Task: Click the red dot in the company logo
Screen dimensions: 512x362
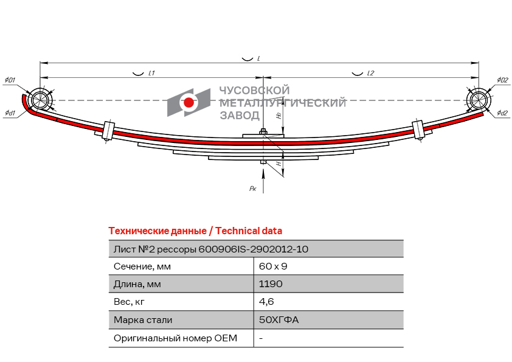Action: tap(189, 102)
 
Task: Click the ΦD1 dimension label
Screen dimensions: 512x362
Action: tap(10, 80)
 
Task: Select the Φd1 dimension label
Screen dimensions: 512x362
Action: tap(10, 113)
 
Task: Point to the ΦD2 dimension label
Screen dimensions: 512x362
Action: tap(502, 80)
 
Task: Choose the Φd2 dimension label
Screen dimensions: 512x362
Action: tap(502, 113)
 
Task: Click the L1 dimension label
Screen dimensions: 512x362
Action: tap(151, 73)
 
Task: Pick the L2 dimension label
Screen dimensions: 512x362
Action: tap(370, 73)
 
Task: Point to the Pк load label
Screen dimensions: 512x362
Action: tap(253, 189)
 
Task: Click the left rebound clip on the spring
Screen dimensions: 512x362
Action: tap(108, 131)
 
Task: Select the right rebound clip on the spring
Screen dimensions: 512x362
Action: tap(418, 130)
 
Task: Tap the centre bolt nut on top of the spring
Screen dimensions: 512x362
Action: tap(263, 132)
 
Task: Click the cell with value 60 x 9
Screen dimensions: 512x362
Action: tap(273, 266)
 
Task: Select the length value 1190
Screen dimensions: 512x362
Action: tap(271, 284)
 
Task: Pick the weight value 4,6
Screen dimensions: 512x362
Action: tap(266, 302)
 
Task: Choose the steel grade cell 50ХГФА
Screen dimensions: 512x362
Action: tap(279, 319)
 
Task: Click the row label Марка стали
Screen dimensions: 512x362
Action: tap(143, 320)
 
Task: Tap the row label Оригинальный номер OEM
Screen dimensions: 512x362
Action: tap(175, 338)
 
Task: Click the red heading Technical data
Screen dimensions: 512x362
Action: tap(249, 231)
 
